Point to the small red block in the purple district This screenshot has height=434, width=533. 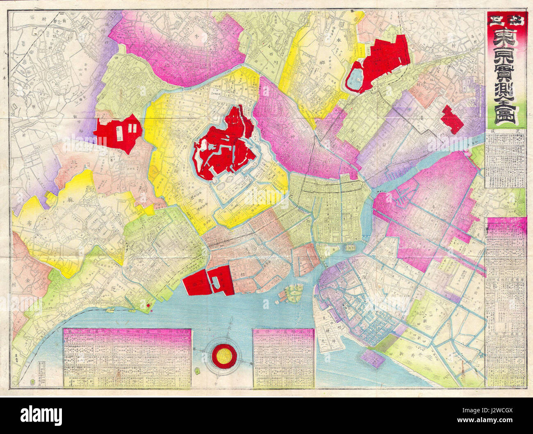point(452,119)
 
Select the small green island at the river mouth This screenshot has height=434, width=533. point(293,292)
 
